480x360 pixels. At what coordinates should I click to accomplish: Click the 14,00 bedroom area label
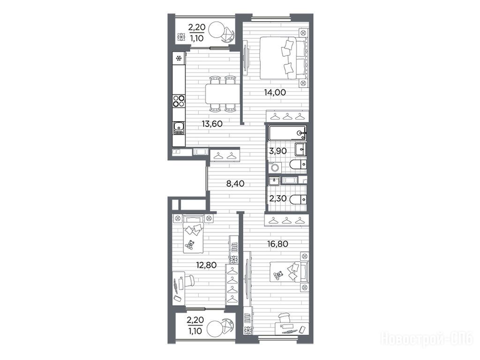(275, 92)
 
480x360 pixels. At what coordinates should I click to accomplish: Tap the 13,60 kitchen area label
(212, 124)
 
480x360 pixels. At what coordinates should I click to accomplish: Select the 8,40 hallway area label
(235, 184)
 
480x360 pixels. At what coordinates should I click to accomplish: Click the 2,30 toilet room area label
(277, 198)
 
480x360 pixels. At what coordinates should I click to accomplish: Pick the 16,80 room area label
(277, 244)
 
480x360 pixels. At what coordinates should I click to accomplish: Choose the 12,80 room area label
(206, 265)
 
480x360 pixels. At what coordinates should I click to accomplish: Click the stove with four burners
(179, 101)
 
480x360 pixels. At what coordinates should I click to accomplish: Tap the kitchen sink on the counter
(179, 128)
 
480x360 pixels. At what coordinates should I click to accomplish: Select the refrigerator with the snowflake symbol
(179, 58)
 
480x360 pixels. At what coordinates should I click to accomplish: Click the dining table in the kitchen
(223, 94)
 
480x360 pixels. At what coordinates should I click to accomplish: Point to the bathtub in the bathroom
(287, 133)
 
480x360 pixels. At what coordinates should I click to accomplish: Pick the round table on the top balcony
(218, 30)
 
